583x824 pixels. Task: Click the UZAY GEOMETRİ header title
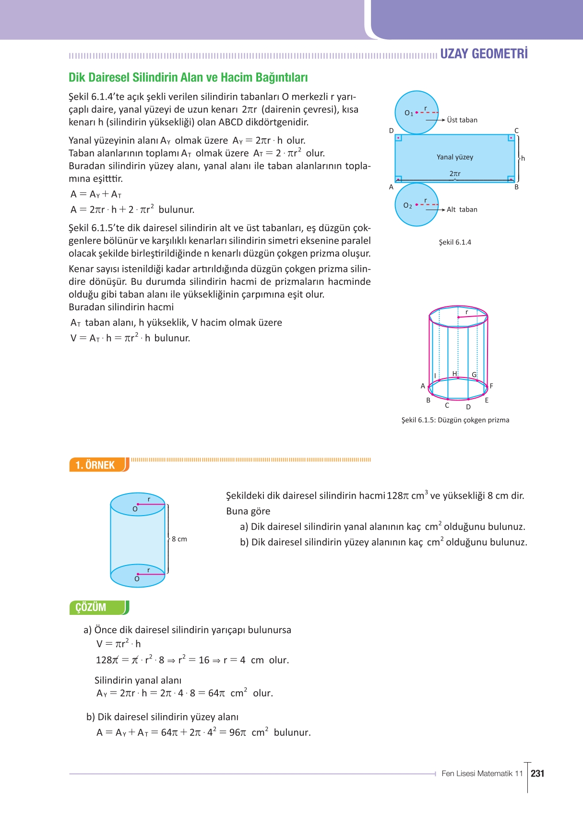[484, 54]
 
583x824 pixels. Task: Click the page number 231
[537, 773]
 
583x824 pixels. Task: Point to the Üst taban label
[462, 120]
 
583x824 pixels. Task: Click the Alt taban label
[462, 210]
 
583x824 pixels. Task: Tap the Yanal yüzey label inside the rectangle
[454, 157]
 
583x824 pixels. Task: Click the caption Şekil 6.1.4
[454, 242]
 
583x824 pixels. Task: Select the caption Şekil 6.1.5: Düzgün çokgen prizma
[455, 420]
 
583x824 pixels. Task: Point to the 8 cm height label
[179, 539]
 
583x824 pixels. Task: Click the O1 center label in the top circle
[408, 113]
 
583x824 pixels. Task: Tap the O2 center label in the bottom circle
[407, 206]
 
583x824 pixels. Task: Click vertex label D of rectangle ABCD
[391, 130]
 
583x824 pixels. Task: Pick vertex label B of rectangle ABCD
[516, 187]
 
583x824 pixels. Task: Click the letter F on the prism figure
[491, 386]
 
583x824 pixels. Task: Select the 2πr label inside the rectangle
[454, 174]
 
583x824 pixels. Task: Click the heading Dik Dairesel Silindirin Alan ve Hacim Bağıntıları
[188, 78]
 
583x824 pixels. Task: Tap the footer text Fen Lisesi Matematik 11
[482, 773]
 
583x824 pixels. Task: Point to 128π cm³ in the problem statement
[407, 495]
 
